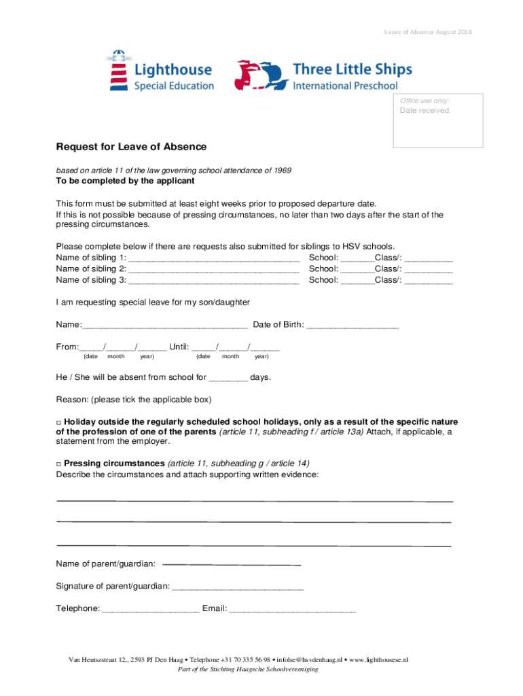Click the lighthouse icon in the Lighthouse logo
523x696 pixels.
click(119, 70)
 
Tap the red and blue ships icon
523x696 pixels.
click(259, 75)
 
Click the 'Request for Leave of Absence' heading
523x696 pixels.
click(131, 147)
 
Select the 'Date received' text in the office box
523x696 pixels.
click(424, 111)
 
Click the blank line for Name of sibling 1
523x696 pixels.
click(214, 259)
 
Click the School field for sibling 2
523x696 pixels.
click(357, 270)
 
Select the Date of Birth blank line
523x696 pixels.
click(353, 326)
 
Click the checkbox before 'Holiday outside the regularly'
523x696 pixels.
click(58, 422)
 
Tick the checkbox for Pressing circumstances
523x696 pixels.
click(58, 464)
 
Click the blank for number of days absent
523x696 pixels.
click(229, 379)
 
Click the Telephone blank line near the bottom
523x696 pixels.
click(150, 610)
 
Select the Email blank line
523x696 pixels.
click(292, 610)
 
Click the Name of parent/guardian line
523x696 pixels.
click(232, 565)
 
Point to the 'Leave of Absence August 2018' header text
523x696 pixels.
click(428, 32)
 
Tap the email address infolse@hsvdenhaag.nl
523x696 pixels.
click(310, 660)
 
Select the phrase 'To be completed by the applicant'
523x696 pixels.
click(125, 181)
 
